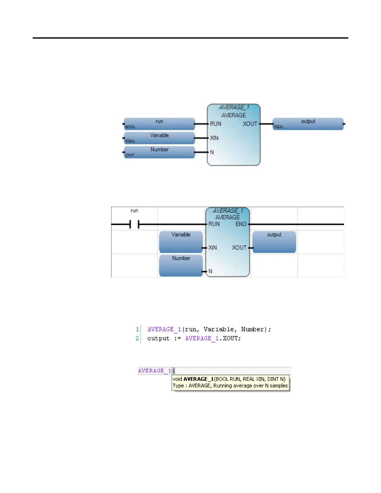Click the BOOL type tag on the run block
point(130,127)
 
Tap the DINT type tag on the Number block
point(130,155)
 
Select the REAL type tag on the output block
point(279,127)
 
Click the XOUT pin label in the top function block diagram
point(250,124)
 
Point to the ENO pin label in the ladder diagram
point(241,224)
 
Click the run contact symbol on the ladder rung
point(134,224)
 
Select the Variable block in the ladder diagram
point(181,242)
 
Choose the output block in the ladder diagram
point(274,242)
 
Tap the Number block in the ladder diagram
point(181,265)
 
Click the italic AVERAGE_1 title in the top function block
point(234,107)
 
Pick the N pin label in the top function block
point(212,152)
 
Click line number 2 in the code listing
point(137,338)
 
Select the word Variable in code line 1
point(219,329)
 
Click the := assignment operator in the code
point(177,338)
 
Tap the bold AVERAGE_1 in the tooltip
point(198,379)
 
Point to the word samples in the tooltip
point(279,386)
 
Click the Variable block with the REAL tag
point(159,138)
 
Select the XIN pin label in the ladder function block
point(213,248)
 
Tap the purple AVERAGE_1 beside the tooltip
point(154,371)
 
